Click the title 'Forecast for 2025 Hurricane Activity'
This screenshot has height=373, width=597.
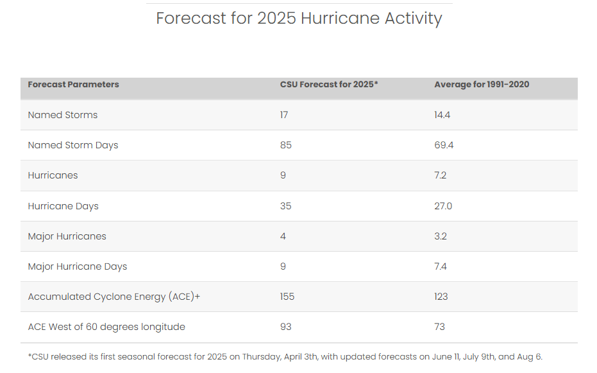[x=299, y=18]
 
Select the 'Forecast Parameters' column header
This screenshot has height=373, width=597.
[x=73, y=84]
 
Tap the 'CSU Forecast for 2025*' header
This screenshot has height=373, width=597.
[x=329, y=84]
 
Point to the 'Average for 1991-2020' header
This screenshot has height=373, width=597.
[x=482, y=84]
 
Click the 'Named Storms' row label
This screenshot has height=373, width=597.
[x=62, y=115]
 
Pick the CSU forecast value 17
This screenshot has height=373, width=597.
[x=284, y=115]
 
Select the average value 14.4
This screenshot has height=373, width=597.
[x=442, y=115]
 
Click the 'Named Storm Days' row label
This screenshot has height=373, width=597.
[x=72, y=145]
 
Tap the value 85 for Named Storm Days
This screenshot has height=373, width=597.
[x=285, y=145]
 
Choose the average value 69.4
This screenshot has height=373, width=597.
[x=444, y=145]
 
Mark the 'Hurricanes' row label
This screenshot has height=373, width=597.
[x=53, y=175]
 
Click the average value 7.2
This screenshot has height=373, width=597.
[x=440, y=175]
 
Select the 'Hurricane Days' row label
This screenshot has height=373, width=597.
[x=63, y=206]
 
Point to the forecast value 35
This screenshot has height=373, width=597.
[x=285, y=206]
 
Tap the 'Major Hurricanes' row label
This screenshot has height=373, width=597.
[x=67, y=236]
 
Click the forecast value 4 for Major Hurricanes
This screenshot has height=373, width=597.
[x=283, y=236]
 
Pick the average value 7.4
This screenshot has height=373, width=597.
[x=441, y=266]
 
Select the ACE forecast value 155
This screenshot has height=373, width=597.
[x=287, y=297]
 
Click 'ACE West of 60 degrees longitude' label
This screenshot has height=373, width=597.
[x=106, y=327]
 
